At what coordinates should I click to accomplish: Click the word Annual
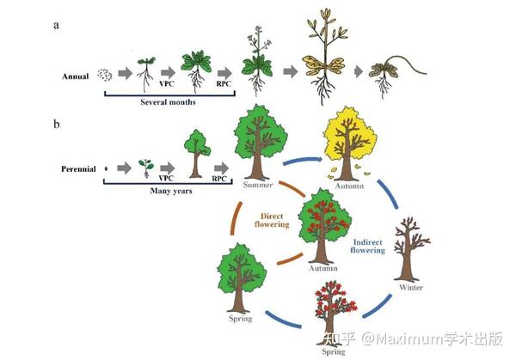(x=76, y=76)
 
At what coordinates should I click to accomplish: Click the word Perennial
(x=78, y=169)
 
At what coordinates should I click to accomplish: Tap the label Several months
(x=168, y=102)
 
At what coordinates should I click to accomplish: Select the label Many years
(x=171, y=191)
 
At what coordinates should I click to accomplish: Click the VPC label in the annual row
(x=166, y=84)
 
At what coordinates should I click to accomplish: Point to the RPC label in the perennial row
(x=219, y=179)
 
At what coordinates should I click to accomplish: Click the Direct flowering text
(x=272, y=220)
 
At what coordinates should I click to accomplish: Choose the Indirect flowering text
(x=367, y=247)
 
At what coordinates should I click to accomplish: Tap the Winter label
(x=411, y=287)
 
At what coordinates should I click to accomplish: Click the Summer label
(x=258, y=185)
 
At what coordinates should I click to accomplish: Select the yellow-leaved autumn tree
(x=349, y=143)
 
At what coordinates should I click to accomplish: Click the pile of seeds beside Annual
(x=105, y=76)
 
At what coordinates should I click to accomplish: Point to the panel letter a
(x=56, y=25)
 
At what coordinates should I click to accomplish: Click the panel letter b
(x=57, y=124)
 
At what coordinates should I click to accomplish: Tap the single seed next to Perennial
(x=106, y=169)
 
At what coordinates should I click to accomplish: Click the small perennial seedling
(x=146, y=168)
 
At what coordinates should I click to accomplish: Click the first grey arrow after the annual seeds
(x=125, y=73)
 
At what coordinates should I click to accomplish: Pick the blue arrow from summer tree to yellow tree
(x=303, y=160)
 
